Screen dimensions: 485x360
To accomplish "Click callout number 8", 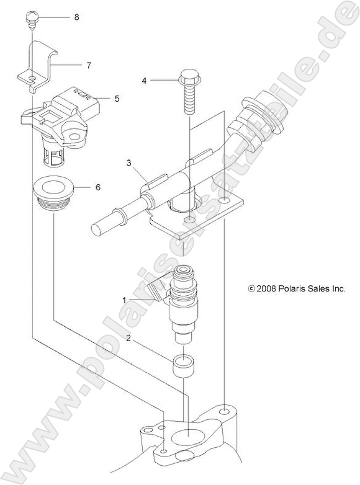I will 76,17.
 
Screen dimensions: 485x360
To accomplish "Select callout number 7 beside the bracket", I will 88,65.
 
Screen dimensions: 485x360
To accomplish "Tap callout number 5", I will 117,97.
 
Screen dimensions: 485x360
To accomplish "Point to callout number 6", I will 115,187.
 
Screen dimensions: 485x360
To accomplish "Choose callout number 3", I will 128,163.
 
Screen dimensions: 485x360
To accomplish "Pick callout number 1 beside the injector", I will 125,300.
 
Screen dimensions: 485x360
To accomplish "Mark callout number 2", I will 128,338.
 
